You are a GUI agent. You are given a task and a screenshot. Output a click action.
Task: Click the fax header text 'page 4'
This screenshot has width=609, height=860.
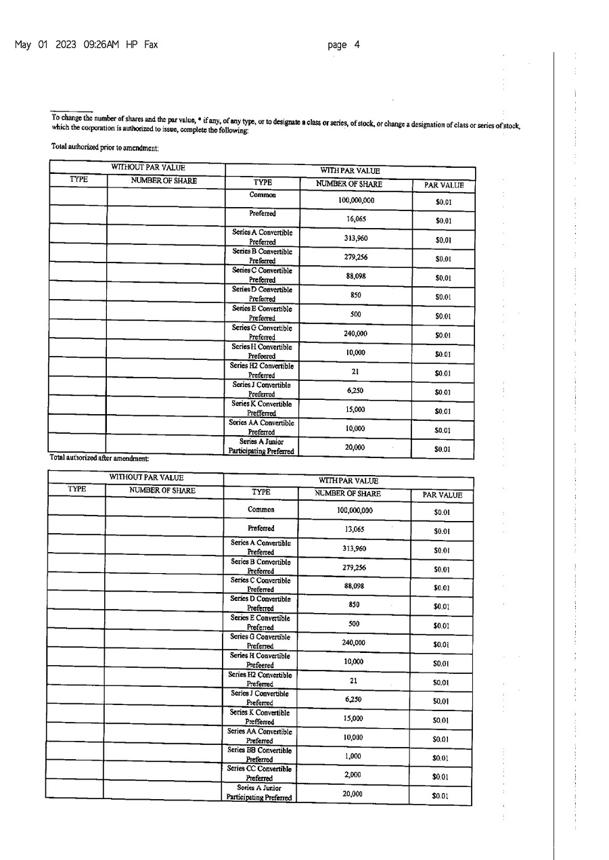pyautogui.click(x=343, y=45)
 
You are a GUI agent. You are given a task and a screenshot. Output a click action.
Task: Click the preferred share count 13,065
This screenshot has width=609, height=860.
pyautogui.click(x=354, y=530)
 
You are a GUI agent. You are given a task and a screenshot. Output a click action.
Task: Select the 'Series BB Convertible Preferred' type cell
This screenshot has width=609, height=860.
pyautogui.click(x=261, y=754)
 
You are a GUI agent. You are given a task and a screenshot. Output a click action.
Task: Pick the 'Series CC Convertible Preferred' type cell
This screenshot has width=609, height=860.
pyautogui.click(x=261, y=773)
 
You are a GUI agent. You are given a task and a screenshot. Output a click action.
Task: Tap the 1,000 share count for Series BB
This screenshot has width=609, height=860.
pyautogui.click(x=353, y=756)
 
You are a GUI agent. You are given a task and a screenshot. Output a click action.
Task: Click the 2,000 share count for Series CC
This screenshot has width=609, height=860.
pyautogui.click(x=353, y=775)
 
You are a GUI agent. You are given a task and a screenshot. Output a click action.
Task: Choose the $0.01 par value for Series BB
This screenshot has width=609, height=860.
pyautogui.click(x=441, y=759)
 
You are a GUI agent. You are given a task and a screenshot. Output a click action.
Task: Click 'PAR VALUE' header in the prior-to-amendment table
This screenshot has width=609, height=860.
pyautogui.click(x=443, y=185)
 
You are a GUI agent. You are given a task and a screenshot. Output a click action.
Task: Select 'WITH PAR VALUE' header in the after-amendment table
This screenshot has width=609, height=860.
pyautogui.click(x=348, y=481)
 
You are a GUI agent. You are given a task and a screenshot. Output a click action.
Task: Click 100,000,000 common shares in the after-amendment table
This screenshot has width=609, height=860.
pyautogui.click(x=355, y=511)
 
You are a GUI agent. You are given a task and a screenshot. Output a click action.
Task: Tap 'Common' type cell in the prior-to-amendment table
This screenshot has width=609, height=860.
pyautogui.click(x=263, y=195)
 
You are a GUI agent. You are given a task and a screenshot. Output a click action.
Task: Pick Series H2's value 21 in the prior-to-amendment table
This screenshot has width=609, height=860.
pyautogui.click(x=355, y=371)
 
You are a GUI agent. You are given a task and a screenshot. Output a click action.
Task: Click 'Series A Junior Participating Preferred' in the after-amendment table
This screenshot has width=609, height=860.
pyautogui.click(x=260, y=793)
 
